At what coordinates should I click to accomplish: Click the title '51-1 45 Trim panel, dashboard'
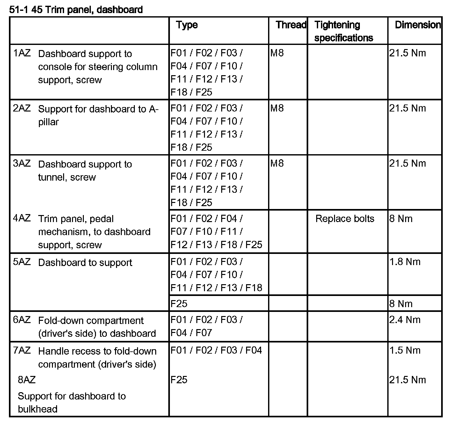[x=76, y=10]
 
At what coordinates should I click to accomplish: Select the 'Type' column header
[x=187, y=25]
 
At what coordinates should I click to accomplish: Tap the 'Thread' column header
[x=291, y=25]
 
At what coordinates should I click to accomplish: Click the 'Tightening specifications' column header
[x=343, y=31]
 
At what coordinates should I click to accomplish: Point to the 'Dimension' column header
[x=418, y=25]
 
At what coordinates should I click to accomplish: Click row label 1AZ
[x=22, y=53]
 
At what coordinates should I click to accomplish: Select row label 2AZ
[x=22, y=108]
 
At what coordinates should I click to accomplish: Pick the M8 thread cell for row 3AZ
[x=277, y=163]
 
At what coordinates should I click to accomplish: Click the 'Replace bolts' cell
[x=345, y=219]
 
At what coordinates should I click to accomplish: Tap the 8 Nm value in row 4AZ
[x=401, y=219]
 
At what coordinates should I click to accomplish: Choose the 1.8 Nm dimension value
[x=404, y=262]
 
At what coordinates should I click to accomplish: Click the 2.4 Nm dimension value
[x=404, y=320]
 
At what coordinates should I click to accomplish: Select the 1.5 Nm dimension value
[x=404, y=350]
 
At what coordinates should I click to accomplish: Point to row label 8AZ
[x=27, y=380]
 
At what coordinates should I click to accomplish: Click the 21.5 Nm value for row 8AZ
[x=407, y=380]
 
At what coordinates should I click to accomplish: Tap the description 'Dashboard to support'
[x=85, y=263]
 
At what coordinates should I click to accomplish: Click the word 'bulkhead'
[x=38, y=409]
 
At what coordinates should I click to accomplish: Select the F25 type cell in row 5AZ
[x=179, y=304]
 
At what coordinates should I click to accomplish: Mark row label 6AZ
[x=22, y=320]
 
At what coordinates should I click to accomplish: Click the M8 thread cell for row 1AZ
[x=277, y=53]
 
